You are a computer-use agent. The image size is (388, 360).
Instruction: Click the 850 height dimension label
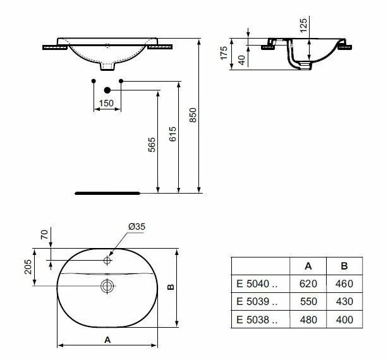click(193, 115)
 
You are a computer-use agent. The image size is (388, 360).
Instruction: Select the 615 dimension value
click(173, 134)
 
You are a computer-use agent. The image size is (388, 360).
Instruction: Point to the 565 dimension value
click(152, 145)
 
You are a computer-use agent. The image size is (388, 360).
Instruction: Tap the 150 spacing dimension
click(106, 103)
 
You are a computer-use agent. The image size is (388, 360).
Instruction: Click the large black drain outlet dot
click(107, 90)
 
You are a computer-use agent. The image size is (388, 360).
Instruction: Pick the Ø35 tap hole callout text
click(137, 227)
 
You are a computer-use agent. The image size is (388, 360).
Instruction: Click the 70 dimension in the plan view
click(44, 234)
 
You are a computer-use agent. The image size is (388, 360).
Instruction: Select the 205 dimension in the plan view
click(28, 267)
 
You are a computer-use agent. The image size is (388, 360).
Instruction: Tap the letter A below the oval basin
click(107, 340)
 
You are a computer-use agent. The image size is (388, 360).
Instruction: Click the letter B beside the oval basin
click(171, 287)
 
